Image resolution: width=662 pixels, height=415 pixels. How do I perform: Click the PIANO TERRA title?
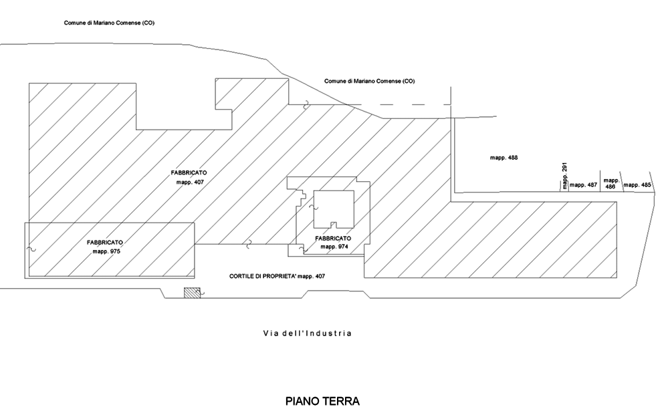pyautogui.click(x=322, y=401)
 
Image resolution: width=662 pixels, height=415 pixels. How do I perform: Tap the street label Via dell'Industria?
pyautogui.click(x=307, y=333)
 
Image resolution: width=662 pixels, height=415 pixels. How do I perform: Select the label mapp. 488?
pyautogui.click(x=504, y=158)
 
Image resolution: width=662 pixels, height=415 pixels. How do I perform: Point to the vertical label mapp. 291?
pyautogui.click(x=564, y=175)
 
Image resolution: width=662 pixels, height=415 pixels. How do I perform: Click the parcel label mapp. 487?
pyautogui.click(x=583, y=184)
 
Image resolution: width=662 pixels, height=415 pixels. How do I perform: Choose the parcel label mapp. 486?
pyautogui.click(x=610, y=184)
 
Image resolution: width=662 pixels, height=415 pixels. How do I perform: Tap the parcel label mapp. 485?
pyautogui.click(x=637, y=184)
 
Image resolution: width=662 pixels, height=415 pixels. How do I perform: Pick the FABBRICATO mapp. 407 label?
pyautogui.click(x=189, y=177)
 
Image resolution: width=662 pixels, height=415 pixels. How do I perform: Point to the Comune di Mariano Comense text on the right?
pyautogui.click(x=370, y=81)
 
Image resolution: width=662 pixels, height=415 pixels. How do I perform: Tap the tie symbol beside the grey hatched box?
pyautogui.click(x=203, y=291)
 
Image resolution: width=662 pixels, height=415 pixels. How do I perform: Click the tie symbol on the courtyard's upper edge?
pyautogui.click(x=247, y=243)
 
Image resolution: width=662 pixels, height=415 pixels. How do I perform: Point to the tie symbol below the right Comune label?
pyautogui.click(x=306, y=104)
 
